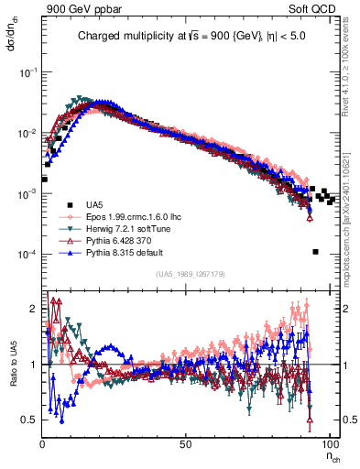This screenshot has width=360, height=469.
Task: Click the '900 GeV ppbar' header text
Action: pyautogui.click(x=81, y=8)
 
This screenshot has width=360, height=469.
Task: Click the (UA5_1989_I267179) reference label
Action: pyautogui.click(x=191, y=274)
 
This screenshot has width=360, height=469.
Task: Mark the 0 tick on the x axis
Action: pyautogui.click(x=42, y=442)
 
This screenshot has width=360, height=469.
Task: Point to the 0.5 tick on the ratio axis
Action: pyautogui.click(x=31, y=420)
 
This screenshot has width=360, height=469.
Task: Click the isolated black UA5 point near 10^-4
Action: pyautogui.click(x=315, y=252)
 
